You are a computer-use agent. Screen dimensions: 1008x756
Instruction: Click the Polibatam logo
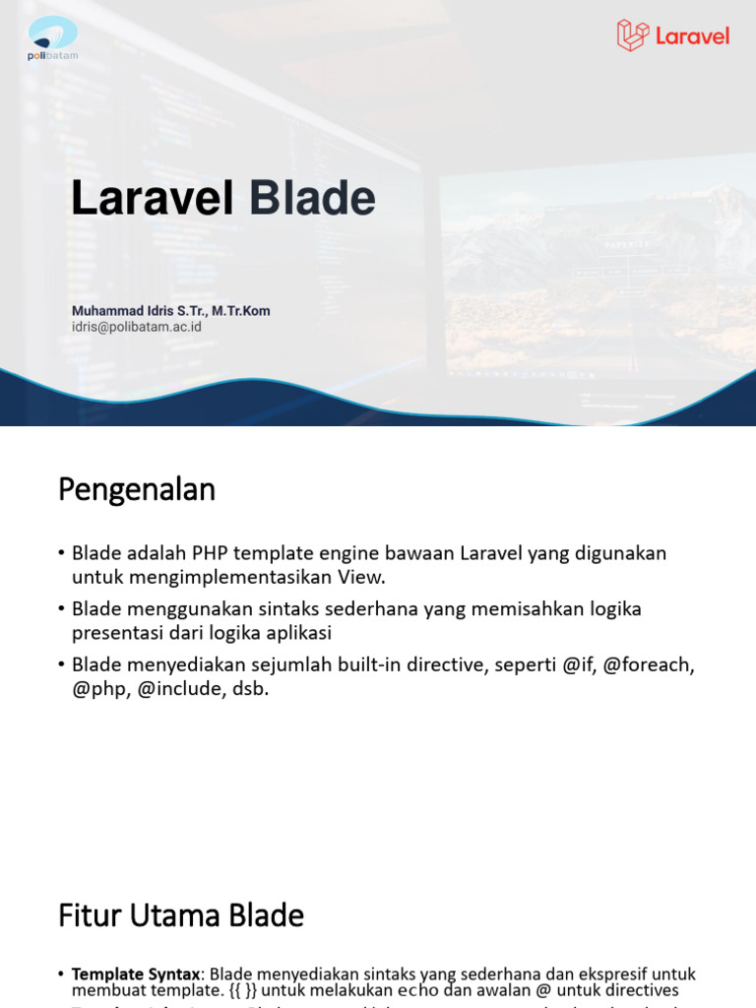52,37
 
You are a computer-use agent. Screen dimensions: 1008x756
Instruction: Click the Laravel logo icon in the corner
632,35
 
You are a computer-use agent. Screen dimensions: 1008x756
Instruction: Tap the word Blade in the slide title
312,198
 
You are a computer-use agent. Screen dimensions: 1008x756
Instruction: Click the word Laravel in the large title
153,198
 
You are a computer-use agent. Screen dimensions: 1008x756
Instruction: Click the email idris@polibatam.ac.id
136,327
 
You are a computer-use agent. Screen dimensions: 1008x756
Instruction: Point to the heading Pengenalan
136,489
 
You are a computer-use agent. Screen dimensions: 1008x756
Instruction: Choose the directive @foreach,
649,664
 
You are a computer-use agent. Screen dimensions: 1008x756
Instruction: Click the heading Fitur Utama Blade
181,915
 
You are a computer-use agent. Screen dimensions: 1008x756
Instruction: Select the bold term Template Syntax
136,974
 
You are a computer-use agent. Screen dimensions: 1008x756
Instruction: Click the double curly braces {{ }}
241,990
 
